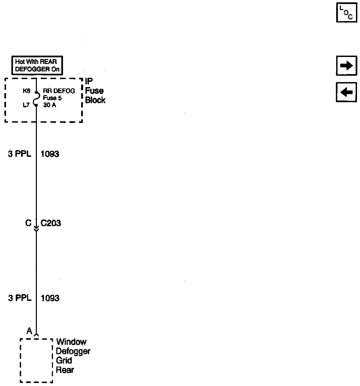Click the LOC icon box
point(347,12)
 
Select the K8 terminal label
point(26,91)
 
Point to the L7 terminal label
point(26,105)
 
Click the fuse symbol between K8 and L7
point(36,98)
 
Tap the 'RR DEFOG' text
point(59,91)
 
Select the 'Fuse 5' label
point(52,98)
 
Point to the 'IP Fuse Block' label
point(95,91)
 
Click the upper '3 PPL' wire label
point(19,154)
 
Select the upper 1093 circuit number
point(50,154)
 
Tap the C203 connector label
point(51,223)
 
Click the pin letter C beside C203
point(28,223)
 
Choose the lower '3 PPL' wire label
point(19,298)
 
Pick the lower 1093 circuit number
point(50,298)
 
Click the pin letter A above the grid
point(29,331)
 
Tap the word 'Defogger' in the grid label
point(73,351)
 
